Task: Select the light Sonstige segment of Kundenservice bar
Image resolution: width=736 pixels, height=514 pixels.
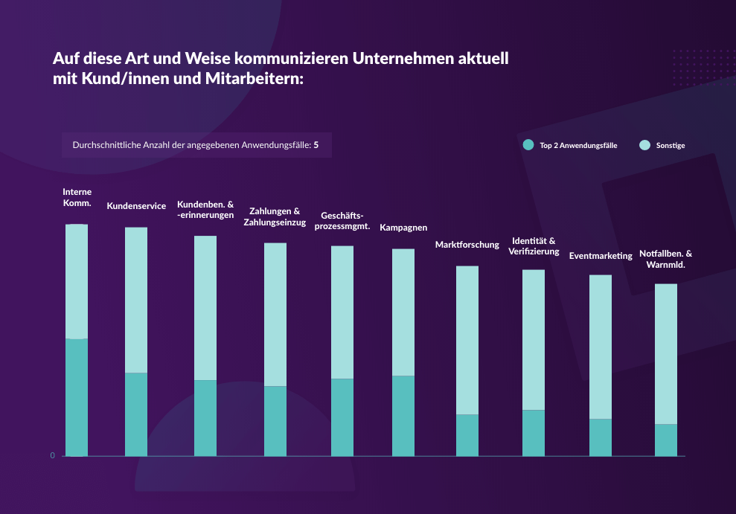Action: click(135, 300)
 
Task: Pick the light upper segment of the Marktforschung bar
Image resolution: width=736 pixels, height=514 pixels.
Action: click(467, 340)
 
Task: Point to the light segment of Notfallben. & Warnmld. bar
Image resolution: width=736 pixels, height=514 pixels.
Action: click(666, 354)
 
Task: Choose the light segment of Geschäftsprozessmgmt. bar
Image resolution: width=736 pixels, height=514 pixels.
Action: click(342, 312)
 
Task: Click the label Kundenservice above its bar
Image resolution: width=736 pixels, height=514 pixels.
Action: click(136, 206)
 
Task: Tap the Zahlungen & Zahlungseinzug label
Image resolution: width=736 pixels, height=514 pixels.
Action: click(275, 216)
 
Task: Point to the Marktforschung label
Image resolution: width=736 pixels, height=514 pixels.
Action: click(467, 245)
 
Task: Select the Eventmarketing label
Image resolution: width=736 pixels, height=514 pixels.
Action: click(601, 256)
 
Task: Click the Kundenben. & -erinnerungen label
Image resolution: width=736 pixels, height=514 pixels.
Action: click(205, 210)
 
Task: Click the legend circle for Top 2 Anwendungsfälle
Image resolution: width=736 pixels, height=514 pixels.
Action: click(528, 145)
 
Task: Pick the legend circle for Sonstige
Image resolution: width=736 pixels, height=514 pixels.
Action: click(644, 145)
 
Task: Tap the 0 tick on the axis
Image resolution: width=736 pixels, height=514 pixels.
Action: click(53, 455)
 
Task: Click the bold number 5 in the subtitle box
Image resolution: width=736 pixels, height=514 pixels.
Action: click(316, 145)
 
